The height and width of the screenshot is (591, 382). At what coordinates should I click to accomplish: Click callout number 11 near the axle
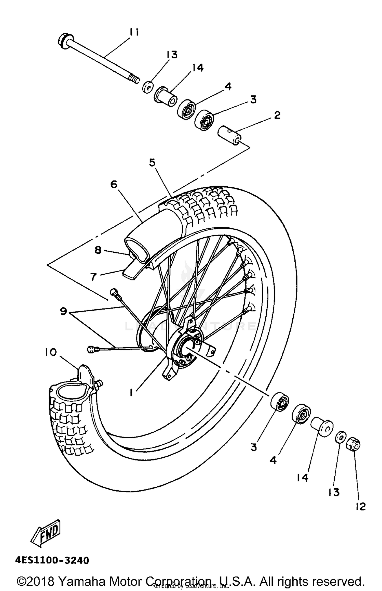tap(134, 33)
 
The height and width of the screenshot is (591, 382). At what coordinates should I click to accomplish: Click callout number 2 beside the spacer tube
tap(277, 115)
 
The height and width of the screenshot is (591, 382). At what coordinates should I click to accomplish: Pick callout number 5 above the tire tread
tap(152, 163)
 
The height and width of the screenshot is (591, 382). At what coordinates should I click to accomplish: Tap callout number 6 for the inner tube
tap(114, 184)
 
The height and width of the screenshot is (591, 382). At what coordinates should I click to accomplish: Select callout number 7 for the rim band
tap(93, 276)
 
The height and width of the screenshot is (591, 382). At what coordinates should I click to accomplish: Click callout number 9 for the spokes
tap(63, 311)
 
